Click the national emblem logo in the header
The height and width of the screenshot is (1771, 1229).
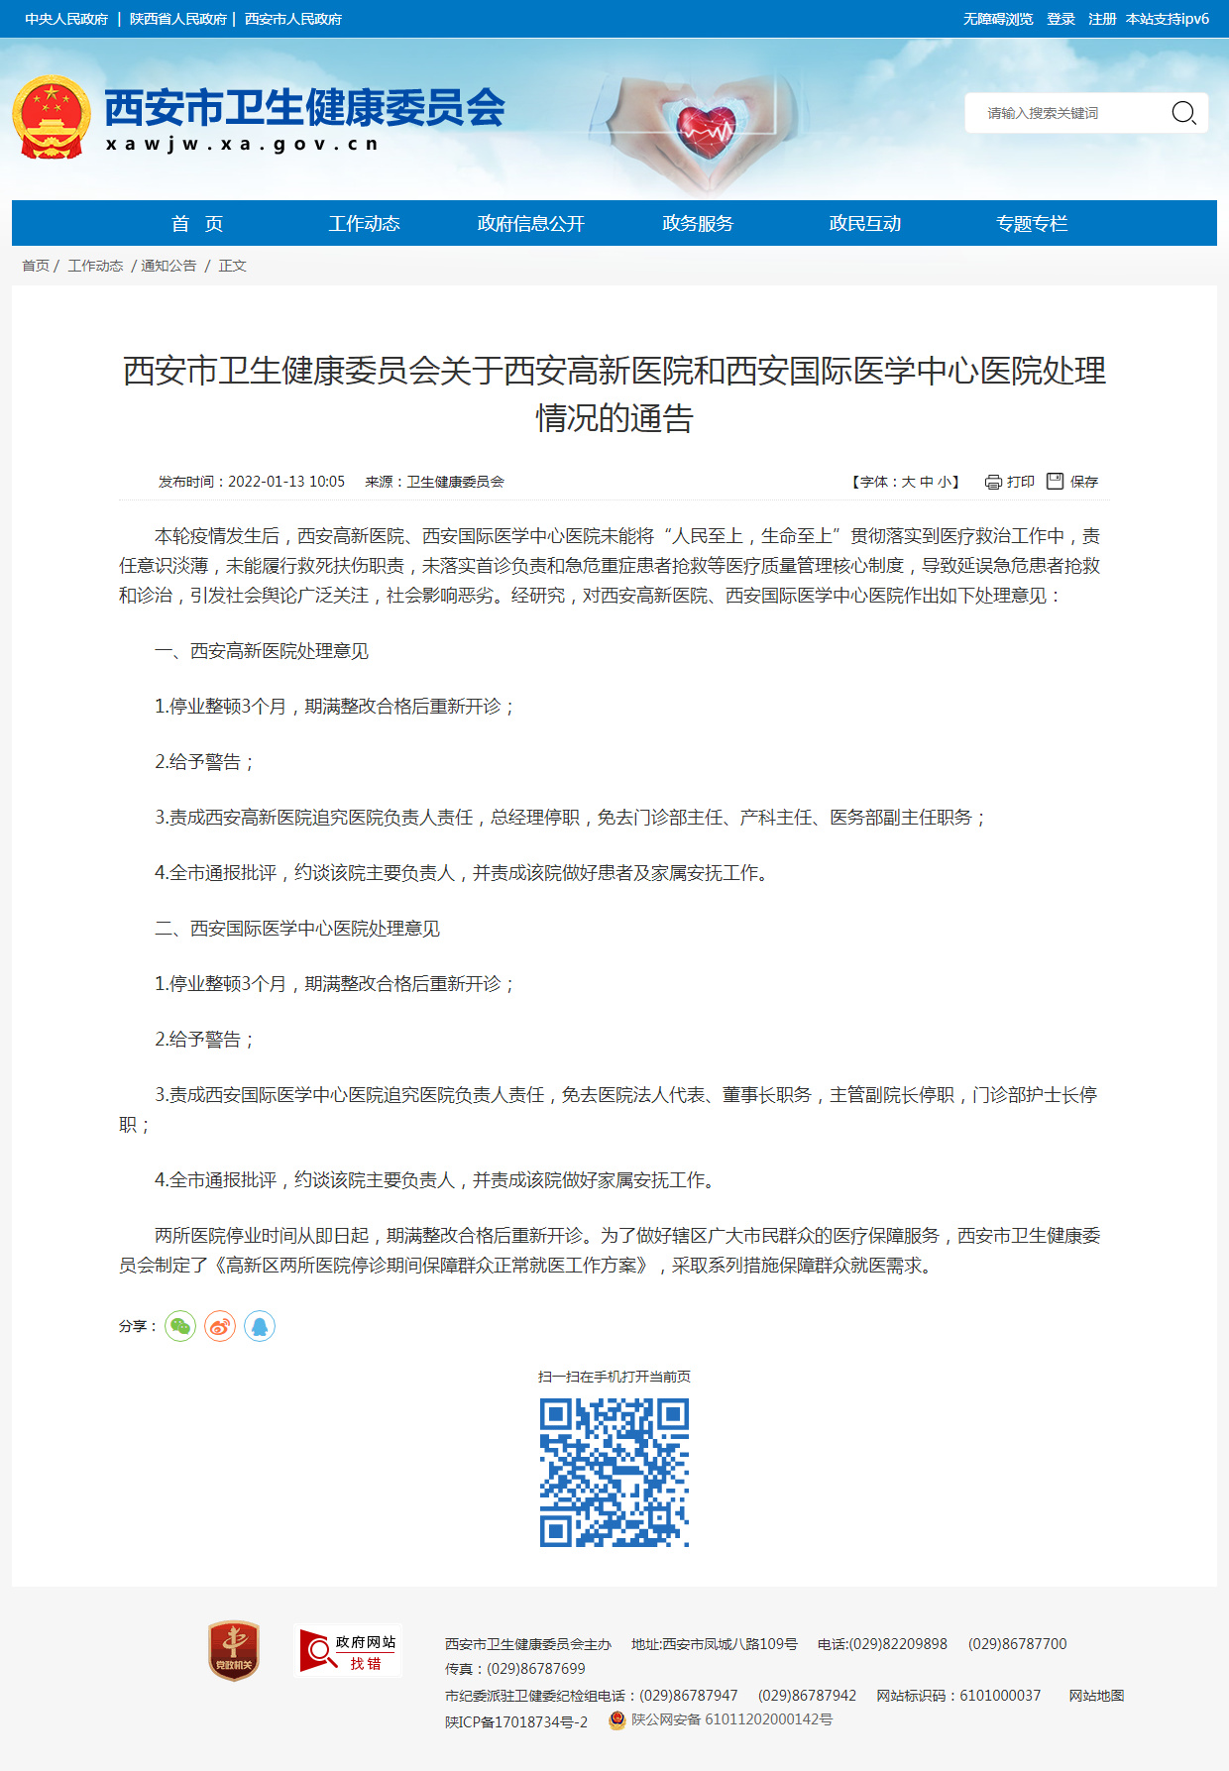[52, 117]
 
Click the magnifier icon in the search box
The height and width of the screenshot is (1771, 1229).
[1183, 113]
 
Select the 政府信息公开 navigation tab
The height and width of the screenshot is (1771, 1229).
[530, 224]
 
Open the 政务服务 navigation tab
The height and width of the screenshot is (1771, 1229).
[698, 224]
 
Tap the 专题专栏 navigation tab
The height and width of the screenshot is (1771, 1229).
[1032, 224]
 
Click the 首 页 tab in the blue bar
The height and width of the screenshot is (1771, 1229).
[197, 224]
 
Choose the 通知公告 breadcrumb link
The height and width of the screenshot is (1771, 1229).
[168, 266]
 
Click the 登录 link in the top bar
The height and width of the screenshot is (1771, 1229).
[1061, 19]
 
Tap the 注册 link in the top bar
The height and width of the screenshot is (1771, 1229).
[1102, 19]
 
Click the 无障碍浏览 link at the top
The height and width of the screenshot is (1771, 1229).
[998, 19]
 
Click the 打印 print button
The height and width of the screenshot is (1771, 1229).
[1010, 482]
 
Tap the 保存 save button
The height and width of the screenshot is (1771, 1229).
[1072, 482]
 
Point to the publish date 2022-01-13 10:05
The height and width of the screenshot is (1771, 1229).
[285, 482]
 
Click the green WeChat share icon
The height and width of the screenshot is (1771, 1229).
[180, 1326]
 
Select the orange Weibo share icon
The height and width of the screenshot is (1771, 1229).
[220, 1326]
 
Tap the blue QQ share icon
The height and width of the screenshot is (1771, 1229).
[260, 1326]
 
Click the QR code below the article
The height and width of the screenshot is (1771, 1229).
[614, 1472]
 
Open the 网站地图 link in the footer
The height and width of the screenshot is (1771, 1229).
[1096, 1696]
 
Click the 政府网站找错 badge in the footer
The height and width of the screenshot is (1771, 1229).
[350, 1651]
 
